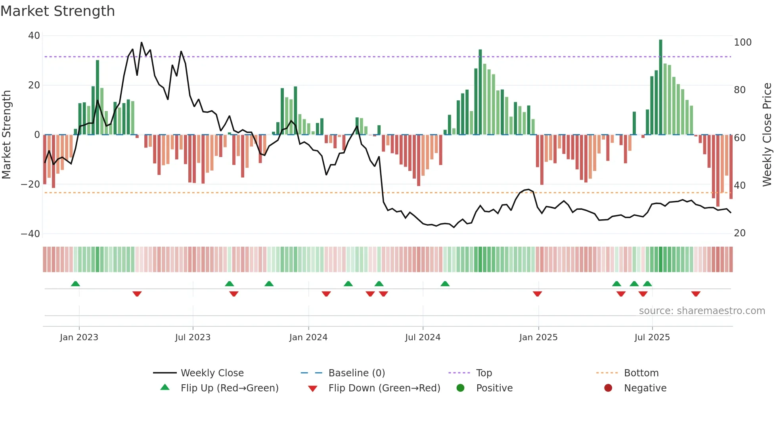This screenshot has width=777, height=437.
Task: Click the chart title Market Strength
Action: tap(57, 11)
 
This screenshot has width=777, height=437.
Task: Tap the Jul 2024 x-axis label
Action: tap(423, 337)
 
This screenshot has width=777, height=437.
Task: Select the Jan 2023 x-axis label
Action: tap(79, 337)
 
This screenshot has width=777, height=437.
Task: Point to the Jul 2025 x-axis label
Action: tap(652, 337)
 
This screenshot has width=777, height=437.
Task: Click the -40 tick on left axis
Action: tap(31, 234)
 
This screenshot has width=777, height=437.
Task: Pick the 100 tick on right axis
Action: tap(743, 42)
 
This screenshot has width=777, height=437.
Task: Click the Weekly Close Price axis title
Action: tap(767, 135)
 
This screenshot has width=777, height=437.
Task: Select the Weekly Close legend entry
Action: tap(212, 373)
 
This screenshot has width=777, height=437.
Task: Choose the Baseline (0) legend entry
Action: tap(356, 373)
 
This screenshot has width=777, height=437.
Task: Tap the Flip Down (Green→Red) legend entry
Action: tap(384, 388)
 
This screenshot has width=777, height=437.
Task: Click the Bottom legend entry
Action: tap(641, 373)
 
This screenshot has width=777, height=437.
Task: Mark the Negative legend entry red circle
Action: tap(608, 388)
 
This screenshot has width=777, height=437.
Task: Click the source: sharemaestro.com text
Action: tap(702, 311)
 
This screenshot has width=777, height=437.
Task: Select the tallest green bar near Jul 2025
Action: tap(660, 87)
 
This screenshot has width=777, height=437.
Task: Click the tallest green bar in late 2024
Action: tap(480, 92)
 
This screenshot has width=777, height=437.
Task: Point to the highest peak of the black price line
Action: tap(142, 43)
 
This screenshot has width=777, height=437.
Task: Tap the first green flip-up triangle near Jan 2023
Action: tap(75, 284)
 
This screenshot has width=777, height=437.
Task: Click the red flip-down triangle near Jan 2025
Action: tap(537, 294)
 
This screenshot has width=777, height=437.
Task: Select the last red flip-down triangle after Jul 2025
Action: tap(695, 294)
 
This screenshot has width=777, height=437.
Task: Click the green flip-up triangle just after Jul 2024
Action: tap(445, 284)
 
